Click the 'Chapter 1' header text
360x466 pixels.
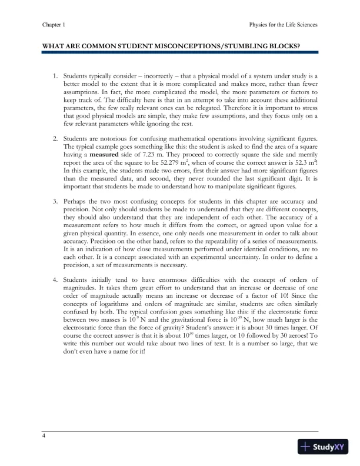(x=54, y=25)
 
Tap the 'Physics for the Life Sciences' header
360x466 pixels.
(x=284, y=25)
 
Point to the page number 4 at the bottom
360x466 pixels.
(x=44, y=436)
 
